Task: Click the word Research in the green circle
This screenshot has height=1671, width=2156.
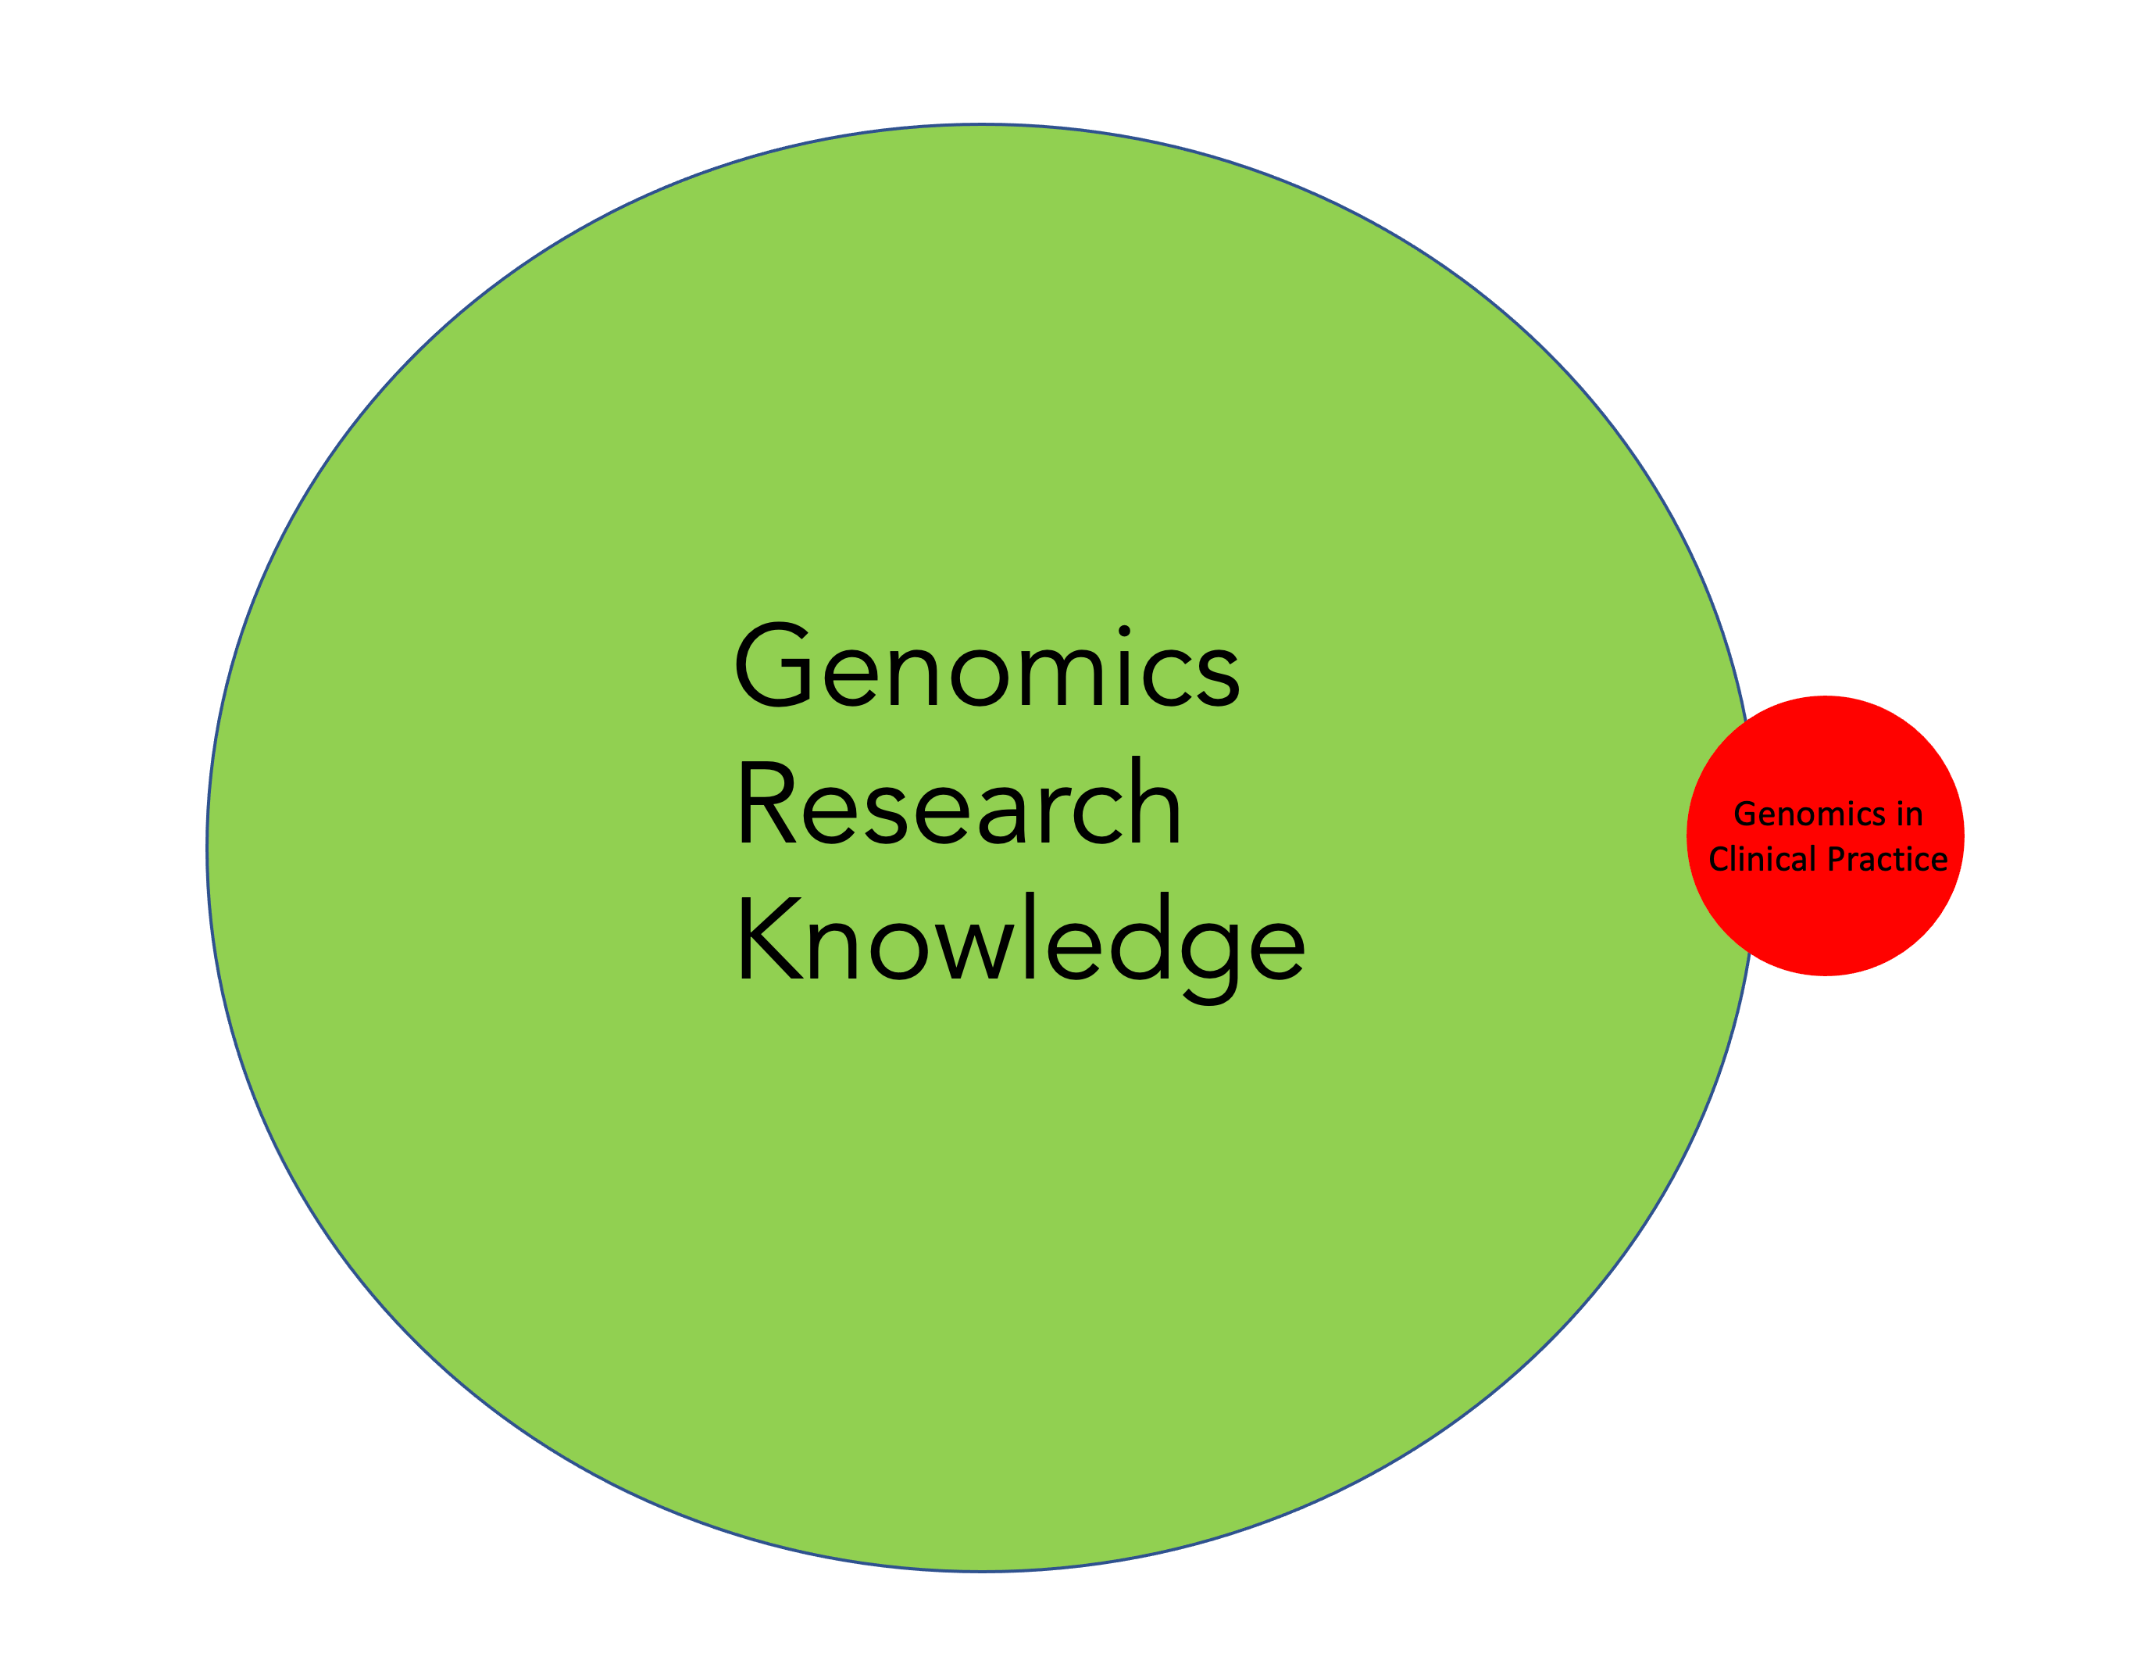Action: [x=958, y=802]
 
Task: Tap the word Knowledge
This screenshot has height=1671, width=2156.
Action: [x=1021, y=938]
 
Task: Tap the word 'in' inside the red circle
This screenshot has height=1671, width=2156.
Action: [x=1909, y=814]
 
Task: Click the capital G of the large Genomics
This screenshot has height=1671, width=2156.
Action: [x=774, y=664]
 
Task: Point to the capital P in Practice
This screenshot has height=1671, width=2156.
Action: [x=1837, y=859]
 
